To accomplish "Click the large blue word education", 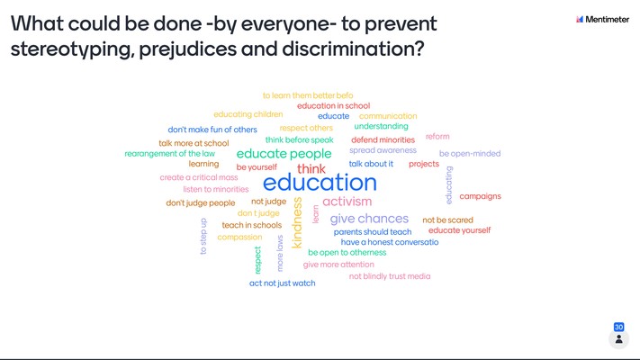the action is click(x=320, y=183).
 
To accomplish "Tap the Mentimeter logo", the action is click(x=602, y=19).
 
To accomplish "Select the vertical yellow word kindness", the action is click(x=297, y=223).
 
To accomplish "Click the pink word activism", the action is click(x=347, y=202).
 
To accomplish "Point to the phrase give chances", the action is click(x=369, y=219).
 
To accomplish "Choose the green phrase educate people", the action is click(x=284, y=154).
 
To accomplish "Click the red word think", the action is click(x=311, y=168).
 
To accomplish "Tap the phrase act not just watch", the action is click(x=282, y=283).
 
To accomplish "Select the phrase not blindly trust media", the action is click(x=390, y=276).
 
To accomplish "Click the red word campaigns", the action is click(x=480, y=196).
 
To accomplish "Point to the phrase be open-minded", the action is click(x=470, y=154).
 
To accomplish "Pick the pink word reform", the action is click(x=437, y=136).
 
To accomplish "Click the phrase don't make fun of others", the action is click(x=212, y=130).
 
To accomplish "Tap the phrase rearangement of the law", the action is click(x=169, y=154).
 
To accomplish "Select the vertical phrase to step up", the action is click(x=203, y=236).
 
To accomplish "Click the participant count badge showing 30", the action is click(x=618, y=327).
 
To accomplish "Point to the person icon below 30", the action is click(x=618, y=338).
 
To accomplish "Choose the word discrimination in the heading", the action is click(x=353, y=49).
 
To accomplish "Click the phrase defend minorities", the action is click(x=383, y=139).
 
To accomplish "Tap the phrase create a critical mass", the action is click(x=199, y=177).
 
